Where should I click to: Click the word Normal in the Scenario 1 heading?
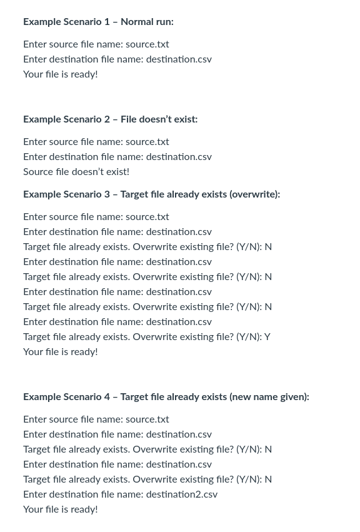coord(137,22)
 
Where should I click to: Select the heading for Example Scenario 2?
coord(110,119)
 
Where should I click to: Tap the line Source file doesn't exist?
coord(76,172)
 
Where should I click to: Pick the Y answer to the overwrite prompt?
coord(267,337)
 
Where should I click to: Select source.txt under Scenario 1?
coord(147,44)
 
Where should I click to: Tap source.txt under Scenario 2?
coord(147,142)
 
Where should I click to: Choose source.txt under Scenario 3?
coord(147,217)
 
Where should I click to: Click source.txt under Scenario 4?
coord(147,419)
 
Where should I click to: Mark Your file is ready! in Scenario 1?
coord(61,74)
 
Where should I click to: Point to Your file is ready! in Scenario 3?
coord(61,352)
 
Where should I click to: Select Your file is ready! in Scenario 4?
coord(61,509)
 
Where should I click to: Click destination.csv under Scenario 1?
coord(179,59)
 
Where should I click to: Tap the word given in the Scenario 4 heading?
coord(293,397)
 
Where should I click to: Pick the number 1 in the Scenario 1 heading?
coord(107,22)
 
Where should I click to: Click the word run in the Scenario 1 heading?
coord(164,22)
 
